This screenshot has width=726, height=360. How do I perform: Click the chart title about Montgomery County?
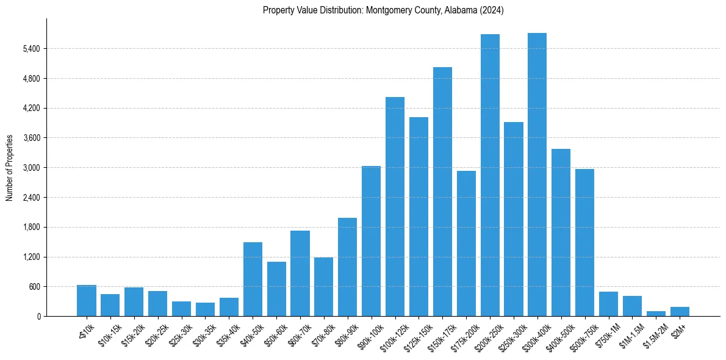383,10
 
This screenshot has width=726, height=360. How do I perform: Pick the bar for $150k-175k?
442,192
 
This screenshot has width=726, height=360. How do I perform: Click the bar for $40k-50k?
253,279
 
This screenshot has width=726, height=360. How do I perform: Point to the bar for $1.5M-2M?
656,314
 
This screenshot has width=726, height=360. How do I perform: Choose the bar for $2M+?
680,311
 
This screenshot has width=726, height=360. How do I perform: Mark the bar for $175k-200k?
466,243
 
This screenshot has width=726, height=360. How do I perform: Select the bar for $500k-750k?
584,243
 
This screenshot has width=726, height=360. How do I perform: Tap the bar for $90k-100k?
371,241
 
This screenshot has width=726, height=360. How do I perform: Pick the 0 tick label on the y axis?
38,316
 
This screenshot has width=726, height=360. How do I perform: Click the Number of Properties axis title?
10,167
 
